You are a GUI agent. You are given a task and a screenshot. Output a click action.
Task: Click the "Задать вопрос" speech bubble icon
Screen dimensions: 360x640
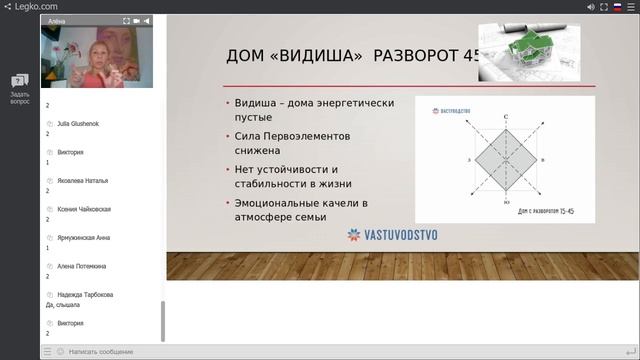20,81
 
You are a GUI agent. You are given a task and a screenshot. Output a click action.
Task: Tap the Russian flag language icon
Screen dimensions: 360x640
617,6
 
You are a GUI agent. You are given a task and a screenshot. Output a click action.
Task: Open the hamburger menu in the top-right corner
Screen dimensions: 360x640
631,6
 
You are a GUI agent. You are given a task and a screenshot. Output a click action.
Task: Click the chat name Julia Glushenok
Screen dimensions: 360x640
78,124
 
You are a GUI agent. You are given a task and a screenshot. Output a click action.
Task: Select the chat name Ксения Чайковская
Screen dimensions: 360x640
84,209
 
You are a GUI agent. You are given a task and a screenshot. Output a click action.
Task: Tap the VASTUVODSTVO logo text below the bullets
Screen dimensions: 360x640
399,235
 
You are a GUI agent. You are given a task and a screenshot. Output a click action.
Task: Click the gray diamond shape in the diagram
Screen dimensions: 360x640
506,160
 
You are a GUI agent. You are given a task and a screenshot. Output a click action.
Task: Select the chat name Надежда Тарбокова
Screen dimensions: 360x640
85,294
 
